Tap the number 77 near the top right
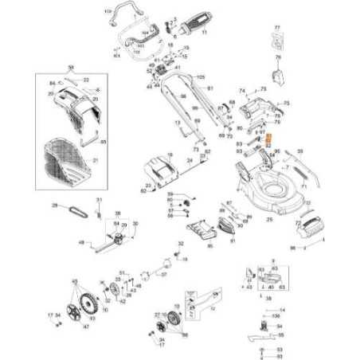point(277,28)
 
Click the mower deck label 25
point(269,218)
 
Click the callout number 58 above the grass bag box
point(71,68)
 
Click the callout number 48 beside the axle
point(82,243)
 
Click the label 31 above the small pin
point(99,198)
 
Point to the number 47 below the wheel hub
point(85,327)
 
